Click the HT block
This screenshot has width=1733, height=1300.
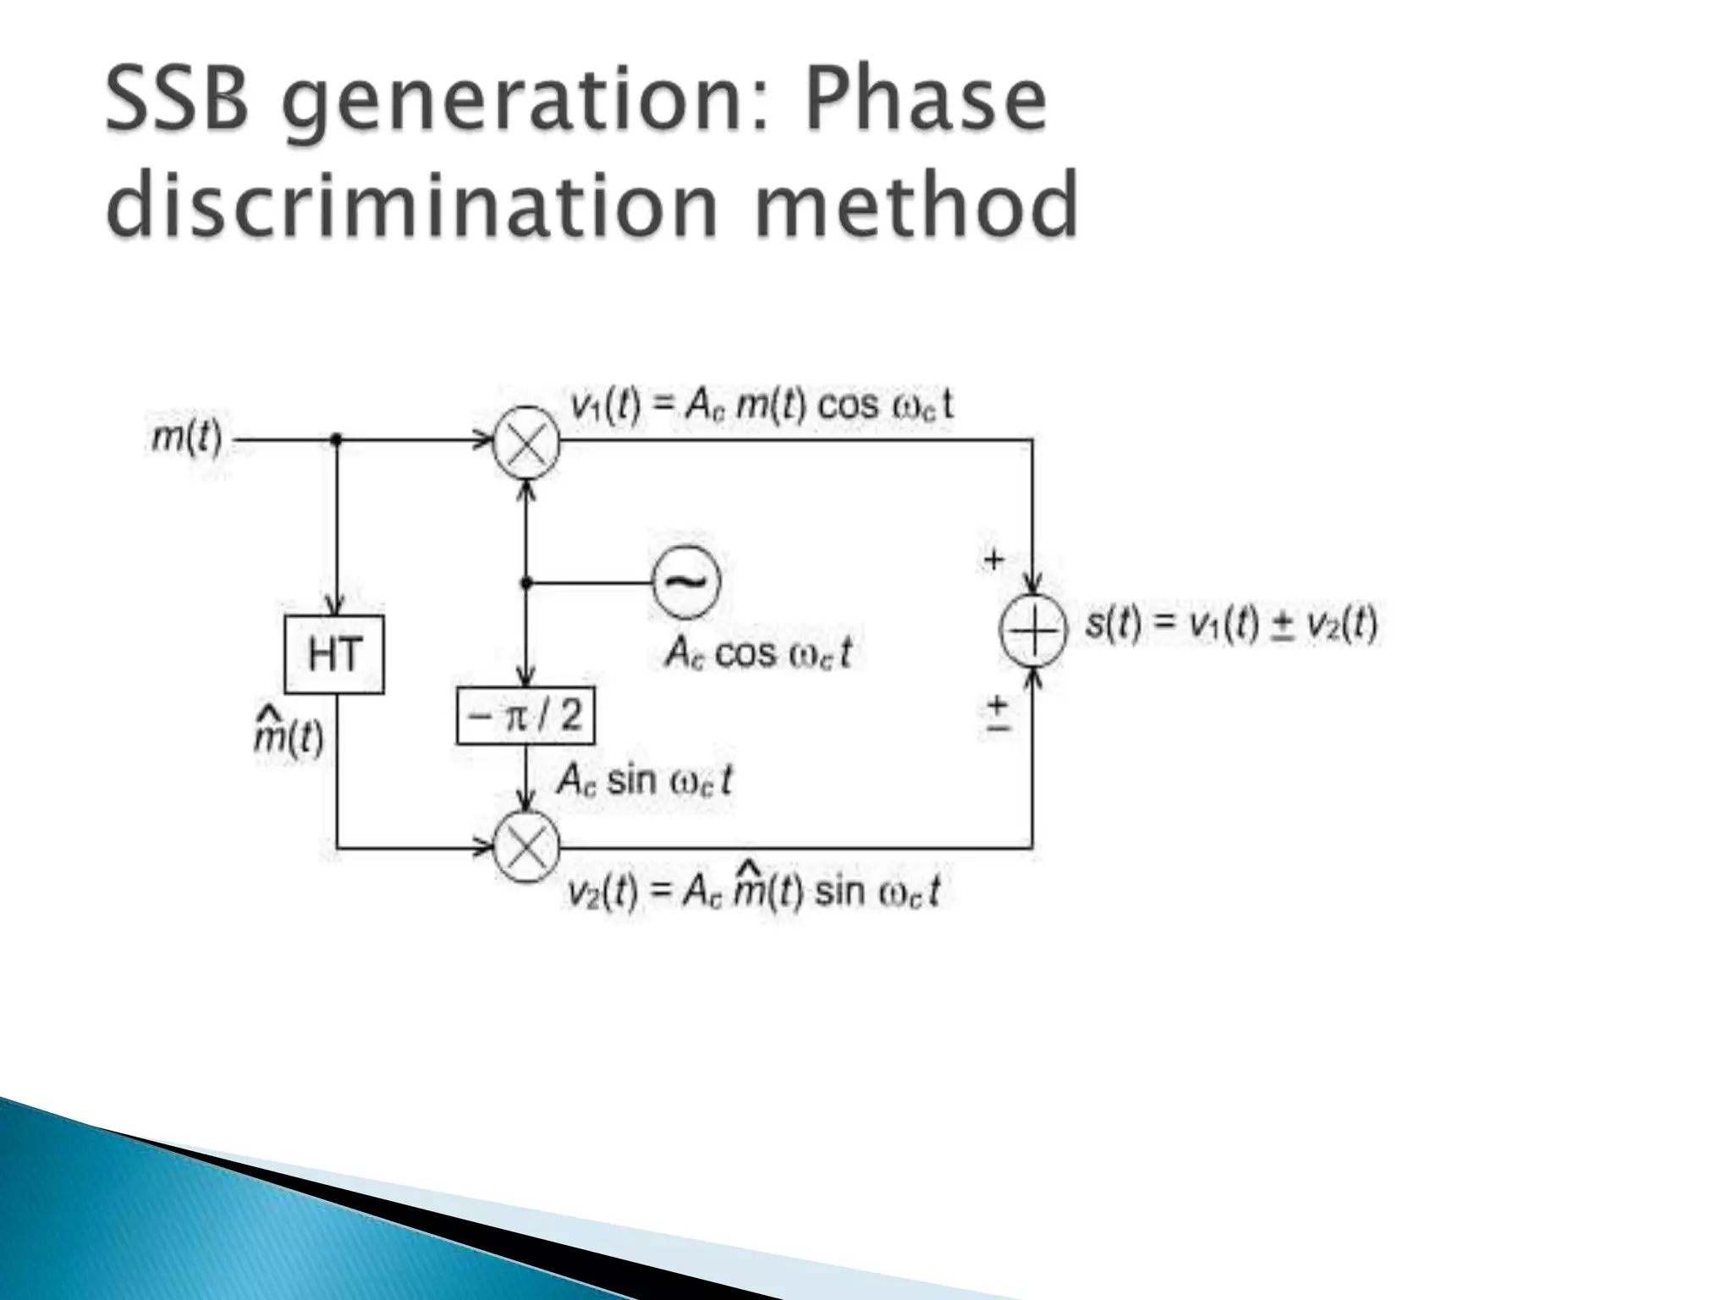334,654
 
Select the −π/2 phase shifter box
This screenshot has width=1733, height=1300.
525,716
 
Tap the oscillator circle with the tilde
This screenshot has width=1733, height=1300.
686,581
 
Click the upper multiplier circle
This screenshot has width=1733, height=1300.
526,441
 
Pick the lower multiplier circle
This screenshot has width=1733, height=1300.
526,846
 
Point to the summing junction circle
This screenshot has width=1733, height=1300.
1032,631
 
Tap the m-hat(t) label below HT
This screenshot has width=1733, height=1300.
289,735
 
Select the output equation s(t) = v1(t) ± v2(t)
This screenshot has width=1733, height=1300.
1231,625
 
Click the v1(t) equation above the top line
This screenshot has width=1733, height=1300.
762,405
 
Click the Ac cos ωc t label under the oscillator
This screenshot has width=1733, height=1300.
758,653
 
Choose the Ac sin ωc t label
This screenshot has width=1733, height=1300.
644,779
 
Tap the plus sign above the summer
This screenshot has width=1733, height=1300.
993,559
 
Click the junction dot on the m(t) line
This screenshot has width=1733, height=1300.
336,439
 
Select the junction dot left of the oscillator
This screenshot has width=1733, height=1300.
526,583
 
